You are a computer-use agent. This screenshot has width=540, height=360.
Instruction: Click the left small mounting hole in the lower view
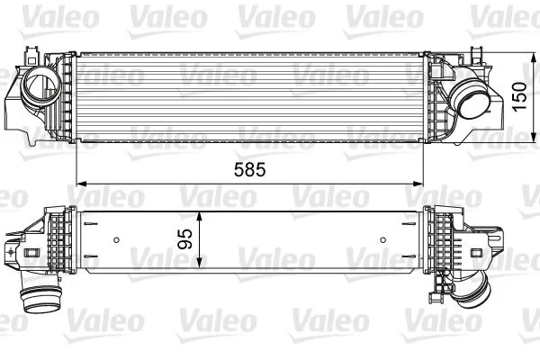(117, 239)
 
